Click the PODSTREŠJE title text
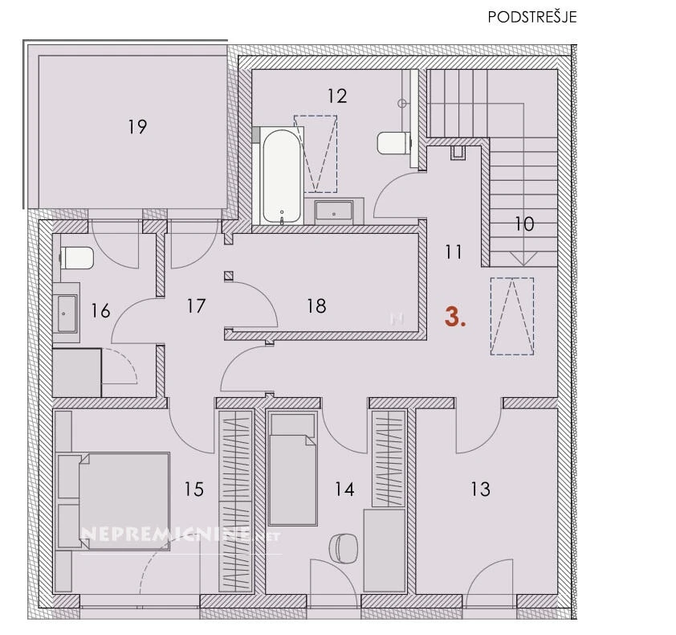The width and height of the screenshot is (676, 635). [x=532, y=17]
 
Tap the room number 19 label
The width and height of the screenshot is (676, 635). [x=137, y=127]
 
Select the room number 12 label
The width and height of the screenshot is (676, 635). [x=337, y=96]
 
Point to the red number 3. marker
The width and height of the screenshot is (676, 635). [x=455, y=317]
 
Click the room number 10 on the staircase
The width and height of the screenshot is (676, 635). [x=525, y=224]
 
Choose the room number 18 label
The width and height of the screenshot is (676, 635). [x=316, y=306]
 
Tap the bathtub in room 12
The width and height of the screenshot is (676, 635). [x=282, y=176]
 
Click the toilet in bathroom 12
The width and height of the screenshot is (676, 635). [x=392, y=142]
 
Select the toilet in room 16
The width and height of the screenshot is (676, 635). [x=77, y=258]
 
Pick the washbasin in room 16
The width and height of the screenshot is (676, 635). [x=67, y=313]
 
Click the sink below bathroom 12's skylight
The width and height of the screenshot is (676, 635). [x=334, y=211]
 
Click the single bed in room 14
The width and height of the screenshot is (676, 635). [x=293, y=469]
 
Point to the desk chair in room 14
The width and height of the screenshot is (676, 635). [x=343, y=548]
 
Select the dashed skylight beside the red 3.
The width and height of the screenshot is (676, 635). [x=512, y=317]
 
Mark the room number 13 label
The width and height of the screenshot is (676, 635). [x=480, y=489]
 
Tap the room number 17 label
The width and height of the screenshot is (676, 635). [x=196, y=306]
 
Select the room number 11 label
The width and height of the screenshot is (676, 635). [x=454, y=252]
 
